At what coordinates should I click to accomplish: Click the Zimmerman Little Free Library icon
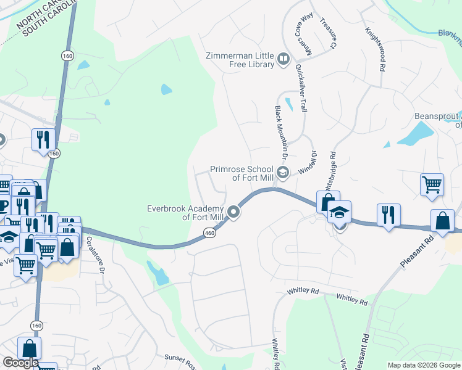283,59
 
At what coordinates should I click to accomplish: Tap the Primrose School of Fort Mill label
241,173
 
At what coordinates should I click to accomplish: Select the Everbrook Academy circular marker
234,212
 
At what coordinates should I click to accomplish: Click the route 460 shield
209,233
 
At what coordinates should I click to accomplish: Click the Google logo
21,363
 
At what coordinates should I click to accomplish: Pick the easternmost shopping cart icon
432,184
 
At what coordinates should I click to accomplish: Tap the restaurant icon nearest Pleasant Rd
388,215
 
